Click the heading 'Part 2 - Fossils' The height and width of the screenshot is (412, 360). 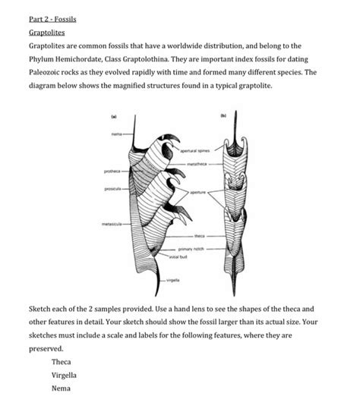[x=52, y=17]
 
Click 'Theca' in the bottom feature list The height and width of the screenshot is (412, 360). [x=62, y=362]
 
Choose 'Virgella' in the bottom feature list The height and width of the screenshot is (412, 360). [x=65, y=375]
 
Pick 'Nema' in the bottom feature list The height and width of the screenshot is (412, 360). [x=61, y=388]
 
